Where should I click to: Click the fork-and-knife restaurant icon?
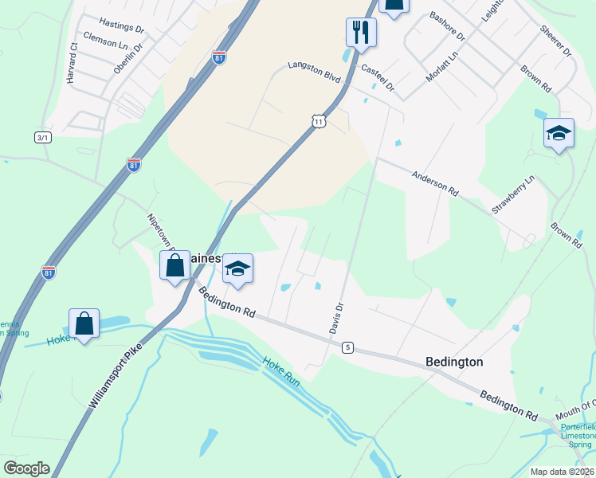(361, 32)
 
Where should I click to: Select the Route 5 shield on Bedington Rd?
(347, 347)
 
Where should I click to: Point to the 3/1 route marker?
(42, 138)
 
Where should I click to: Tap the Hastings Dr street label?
(122, 26)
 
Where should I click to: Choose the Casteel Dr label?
(378, 78)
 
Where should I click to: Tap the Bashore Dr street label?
(447, 26)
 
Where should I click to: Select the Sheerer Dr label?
(556, 40)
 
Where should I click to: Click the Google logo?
(26, 468)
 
